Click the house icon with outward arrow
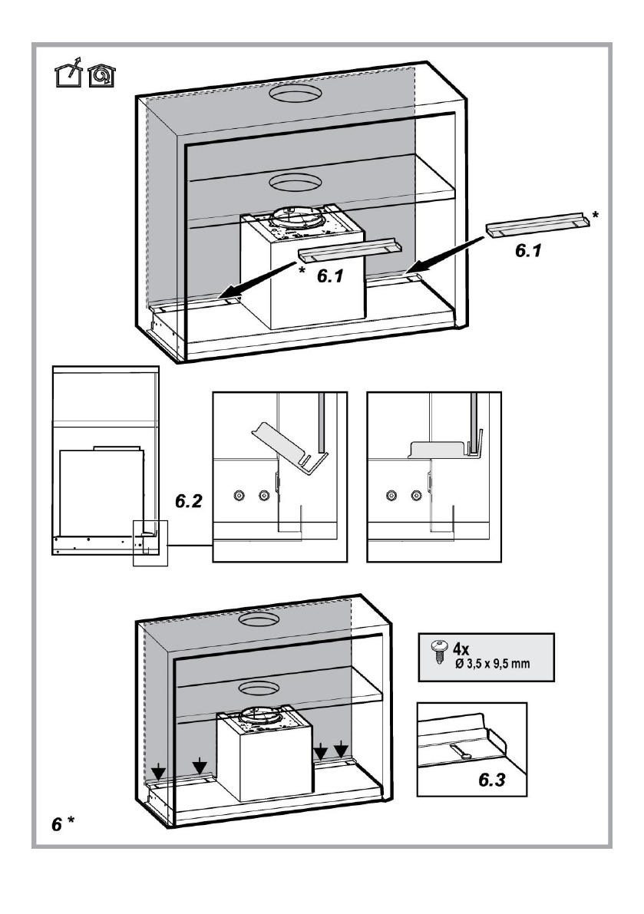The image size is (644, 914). (68, 73)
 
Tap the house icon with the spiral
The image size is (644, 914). (101, 76)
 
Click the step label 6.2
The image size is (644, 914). (189, 500)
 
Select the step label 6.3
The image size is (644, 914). (492, 780)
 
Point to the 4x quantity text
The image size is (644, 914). (461, 648)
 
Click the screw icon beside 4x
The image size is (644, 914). (438, 651)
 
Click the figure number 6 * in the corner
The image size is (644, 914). (63, 823)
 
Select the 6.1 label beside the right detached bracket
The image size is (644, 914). (528, 250)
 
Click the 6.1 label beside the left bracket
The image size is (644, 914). (330, 276)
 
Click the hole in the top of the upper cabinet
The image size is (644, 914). (295, 94)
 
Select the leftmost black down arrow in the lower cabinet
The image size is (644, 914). (158, 772)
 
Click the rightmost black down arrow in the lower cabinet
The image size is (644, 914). (341, 747)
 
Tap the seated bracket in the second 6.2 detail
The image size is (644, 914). (446, 447)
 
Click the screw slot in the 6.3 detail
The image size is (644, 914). (461, 751)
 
